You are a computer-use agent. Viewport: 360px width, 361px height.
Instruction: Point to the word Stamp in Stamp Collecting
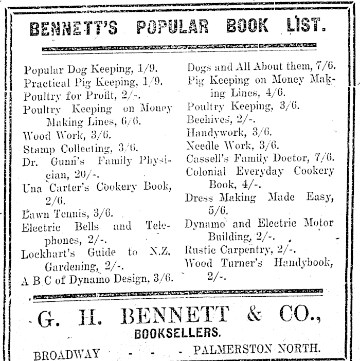[37, 149]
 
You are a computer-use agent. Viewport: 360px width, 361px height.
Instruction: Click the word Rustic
[199, 250]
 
